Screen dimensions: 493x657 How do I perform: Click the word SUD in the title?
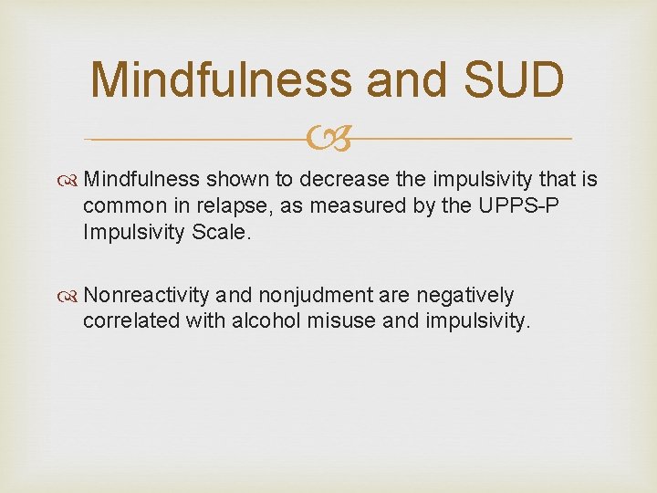pyautogui.click(x=512, y=80)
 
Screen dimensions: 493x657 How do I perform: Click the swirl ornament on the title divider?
pyautogui.click(x=328, y=140)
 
